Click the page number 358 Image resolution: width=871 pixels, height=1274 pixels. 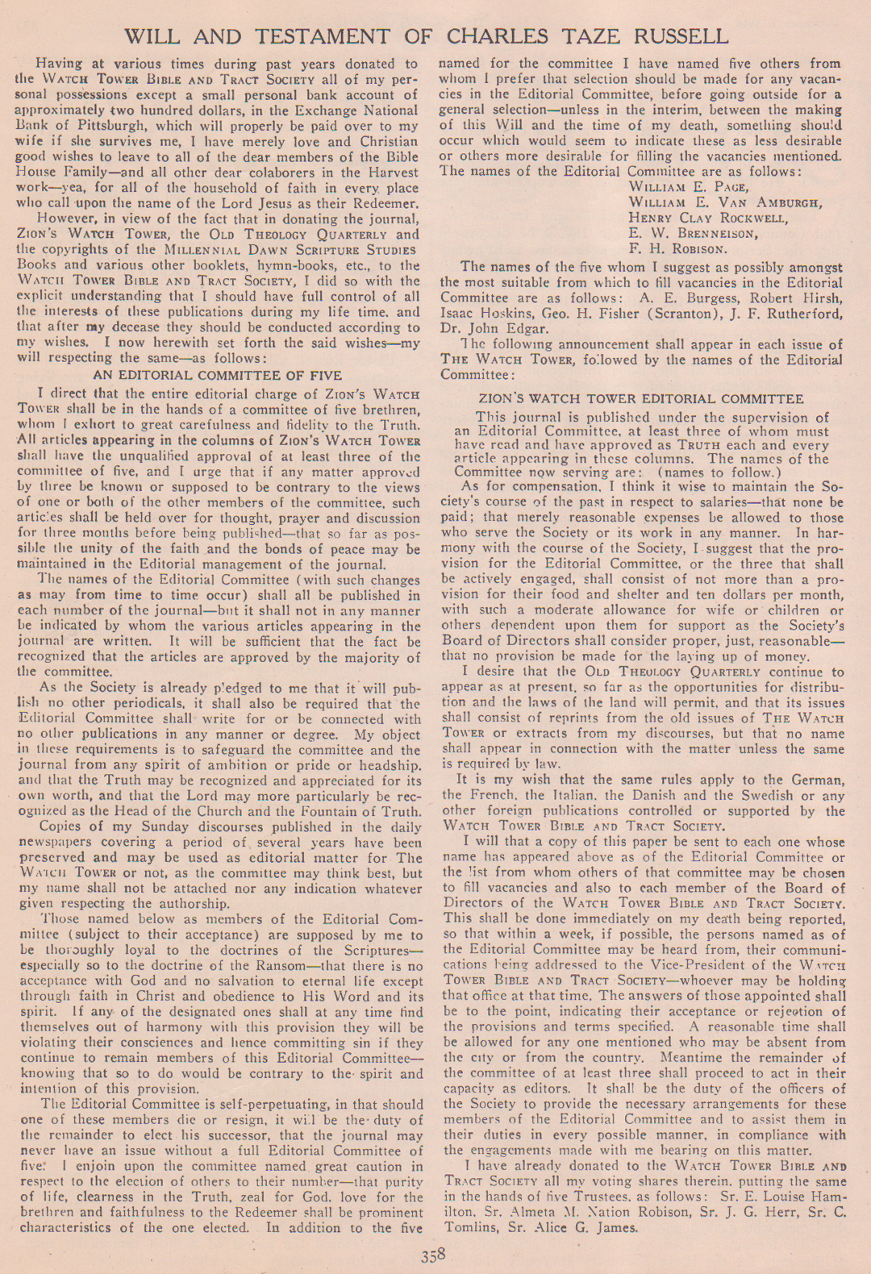[433, 1255]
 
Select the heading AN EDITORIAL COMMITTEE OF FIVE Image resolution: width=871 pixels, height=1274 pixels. [217, 375]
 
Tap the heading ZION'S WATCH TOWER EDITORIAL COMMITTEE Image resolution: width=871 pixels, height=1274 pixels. [640, 398]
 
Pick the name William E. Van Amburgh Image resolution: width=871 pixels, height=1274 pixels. [725, 202]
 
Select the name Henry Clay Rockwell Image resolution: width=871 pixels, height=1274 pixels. [708, 218]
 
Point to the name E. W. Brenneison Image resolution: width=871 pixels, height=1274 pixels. [694, 234]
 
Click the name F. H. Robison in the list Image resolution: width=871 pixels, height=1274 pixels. [677, 249]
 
